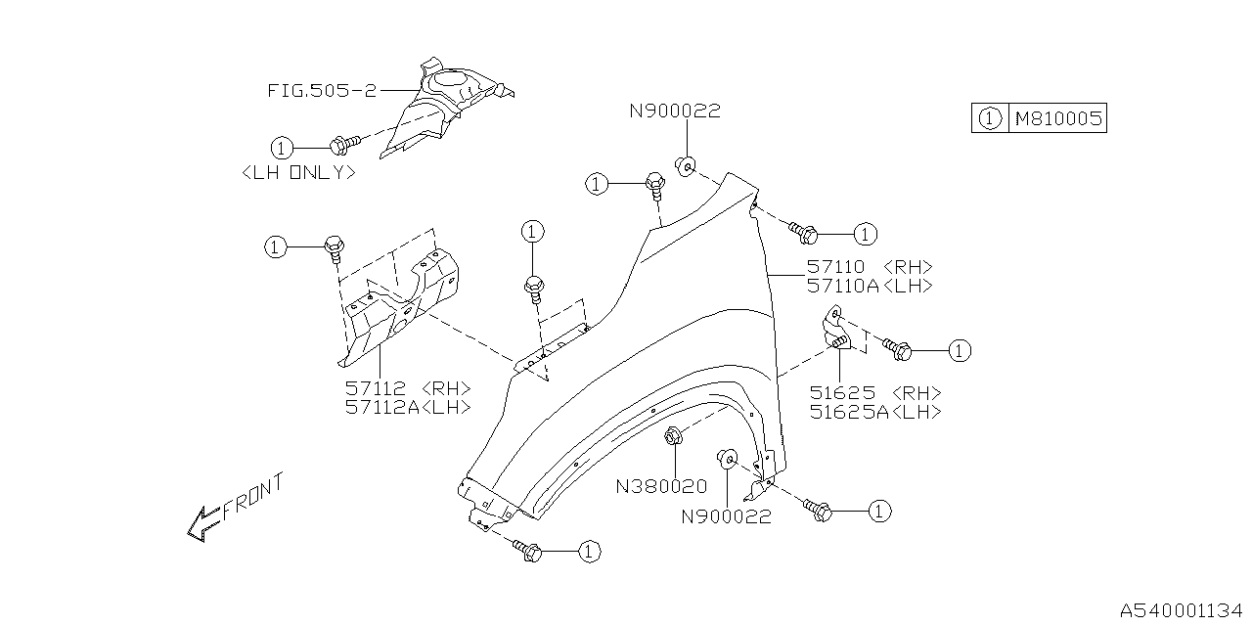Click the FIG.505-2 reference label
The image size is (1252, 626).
pyautogui.click(x=321, y=90)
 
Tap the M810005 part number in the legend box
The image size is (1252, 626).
pyautogui.click(x=1057, y=119)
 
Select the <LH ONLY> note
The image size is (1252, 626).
pyautogui.click(x=298, y=172)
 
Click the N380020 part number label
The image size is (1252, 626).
pyautogui.click(x=661, y=486)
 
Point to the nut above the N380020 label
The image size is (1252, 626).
pyautogui.click(x=673, y=437)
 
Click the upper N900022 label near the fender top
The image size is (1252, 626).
pyautogui.click(x=674, y=112)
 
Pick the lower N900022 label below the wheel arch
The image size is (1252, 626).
pyautogui.click(x=726, y=516)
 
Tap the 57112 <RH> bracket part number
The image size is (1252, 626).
pyautogui.click(x=408, y=387)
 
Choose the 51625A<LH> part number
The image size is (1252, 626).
pyautogui.click(x=875, y=412)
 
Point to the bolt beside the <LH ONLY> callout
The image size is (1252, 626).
pyautogui.click(x=343, y=145)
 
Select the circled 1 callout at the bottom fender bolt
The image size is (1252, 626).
pyautogui.click(x=587, y=553)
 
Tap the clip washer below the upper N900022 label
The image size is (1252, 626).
pyautogui.click(x=686, y=165)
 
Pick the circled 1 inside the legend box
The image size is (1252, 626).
pyautogui.click(x=989, y=119)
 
